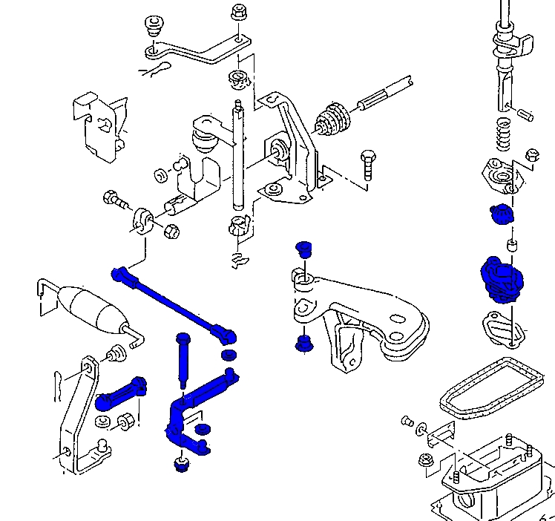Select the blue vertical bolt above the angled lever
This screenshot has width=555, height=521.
183,359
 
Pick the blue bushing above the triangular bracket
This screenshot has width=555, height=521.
302,249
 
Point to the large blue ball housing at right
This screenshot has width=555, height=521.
499,278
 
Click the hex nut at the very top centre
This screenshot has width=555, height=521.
239,13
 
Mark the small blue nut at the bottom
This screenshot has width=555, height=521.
180,465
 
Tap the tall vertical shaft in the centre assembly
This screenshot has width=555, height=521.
237,156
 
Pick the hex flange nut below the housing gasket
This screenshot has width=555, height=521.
427,459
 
